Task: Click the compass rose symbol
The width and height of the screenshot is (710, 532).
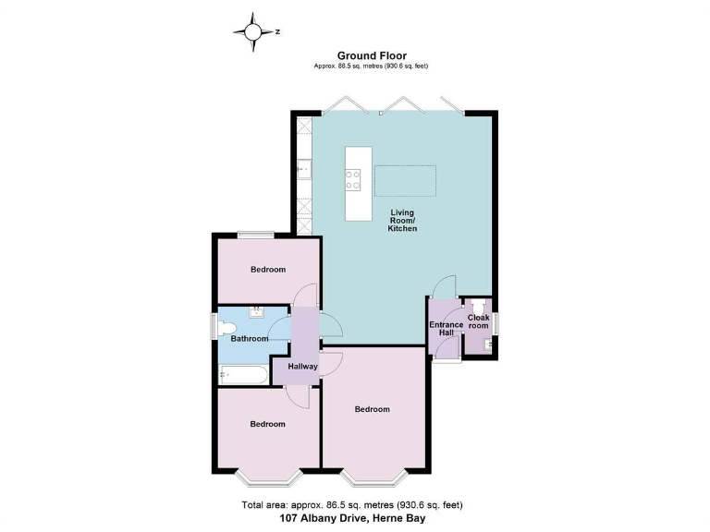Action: (x=252, y=32)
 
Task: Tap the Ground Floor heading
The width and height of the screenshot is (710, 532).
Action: (x=371, y=55)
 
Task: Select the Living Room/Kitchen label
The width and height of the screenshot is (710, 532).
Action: (x=402, y=221)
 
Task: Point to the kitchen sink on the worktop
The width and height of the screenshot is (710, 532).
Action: (x=304, y=169)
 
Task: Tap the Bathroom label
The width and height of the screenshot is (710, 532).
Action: (x=250, y=339)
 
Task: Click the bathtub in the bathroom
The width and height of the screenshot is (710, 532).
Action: (x=244, y=374)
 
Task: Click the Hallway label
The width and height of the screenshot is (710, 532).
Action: (x=303, y=367)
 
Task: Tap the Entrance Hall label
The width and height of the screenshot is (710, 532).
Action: (x=446, y=329)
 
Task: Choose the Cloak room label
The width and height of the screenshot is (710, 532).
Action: (x=478, y=321)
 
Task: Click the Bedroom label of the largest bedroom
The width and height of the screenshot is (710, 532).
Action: (x=372, y=409)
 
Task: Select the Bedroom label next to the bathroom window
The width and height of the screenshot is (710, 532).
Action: (x=268, y=270)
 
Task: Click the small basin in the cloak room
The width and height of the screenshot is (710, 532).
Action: (x=486, y=345)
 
